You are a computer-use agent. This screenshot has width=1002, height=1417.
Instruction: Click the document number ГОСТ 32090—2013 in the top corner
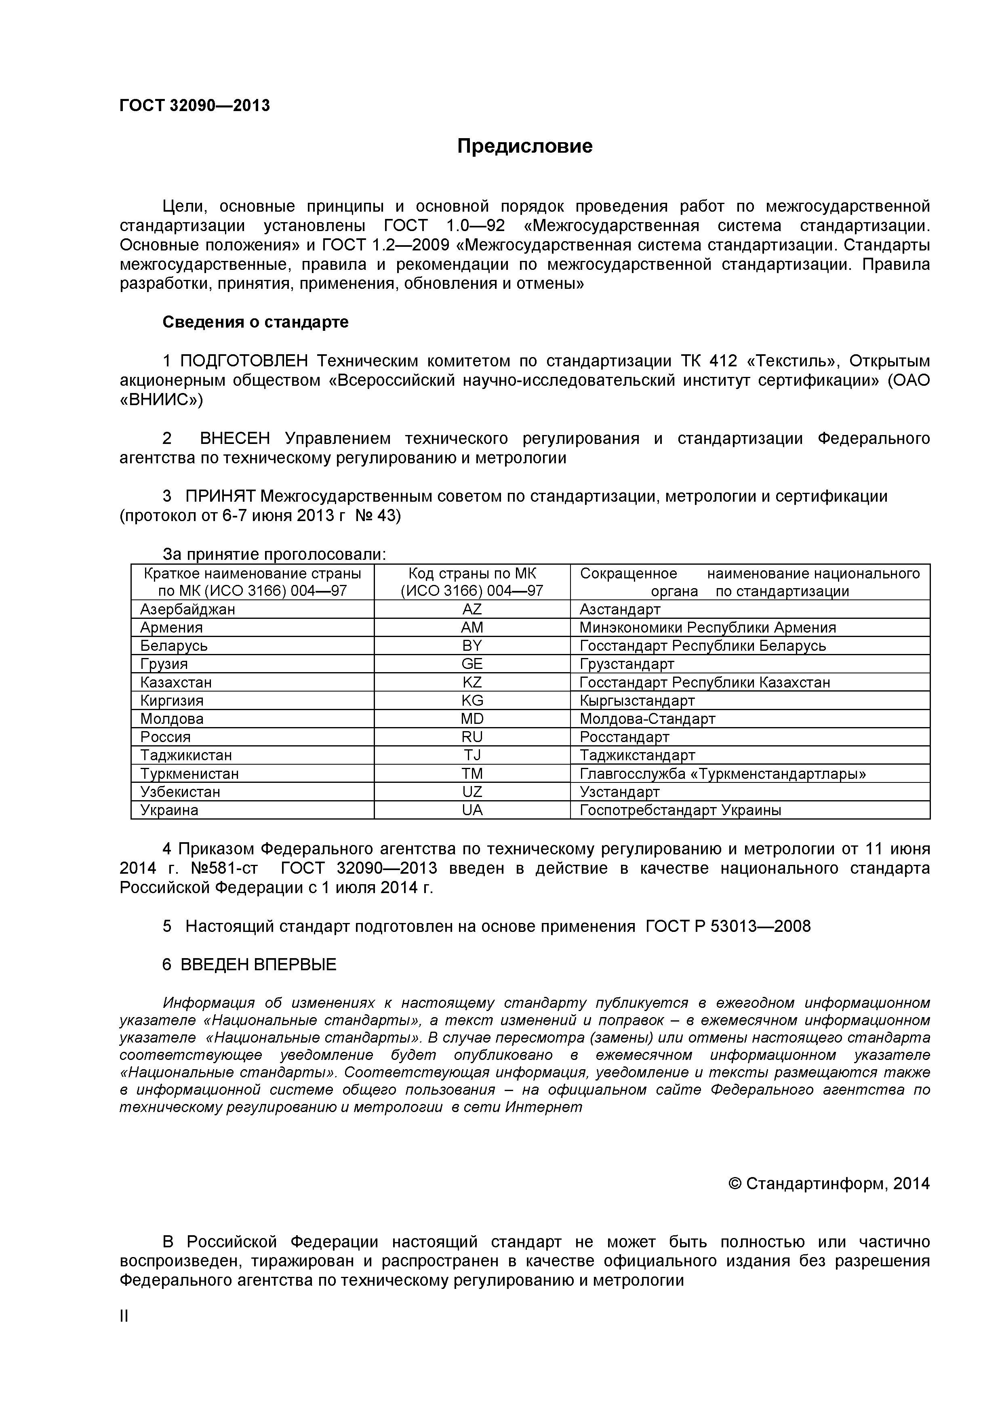194,105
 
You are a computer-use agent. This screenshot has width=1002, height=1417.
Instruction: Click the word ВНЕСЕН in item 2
235,439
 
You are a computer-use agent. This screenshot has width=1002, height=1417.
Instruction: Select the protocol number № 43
378,515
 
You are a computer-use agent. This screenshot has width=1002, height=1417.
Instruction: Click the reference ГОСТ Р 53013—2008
728,926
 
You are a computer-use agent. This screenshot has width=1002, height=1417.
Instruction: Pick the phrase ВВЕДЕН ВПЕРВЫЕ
258,965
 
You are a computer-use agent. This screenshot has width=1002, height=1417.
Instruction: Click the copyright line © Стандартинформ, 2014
829,1183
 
